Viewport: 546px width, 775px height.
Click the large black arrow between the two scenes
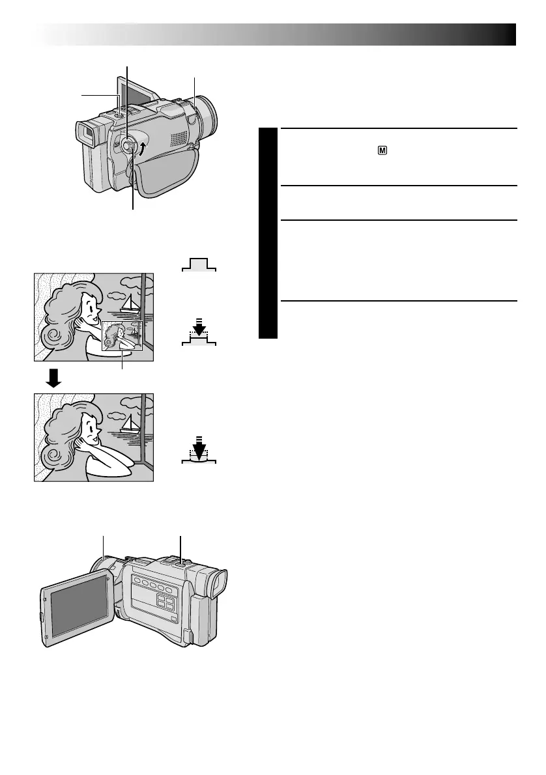(x=54, y=378)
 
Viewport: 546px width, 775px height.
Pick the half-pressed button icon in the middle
(x=198, y=336)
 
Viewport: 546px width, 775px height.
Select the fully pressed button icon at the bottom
(x=198, y=454)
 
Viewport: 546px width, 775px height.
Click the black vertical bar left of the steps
(x=267, y=233)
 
